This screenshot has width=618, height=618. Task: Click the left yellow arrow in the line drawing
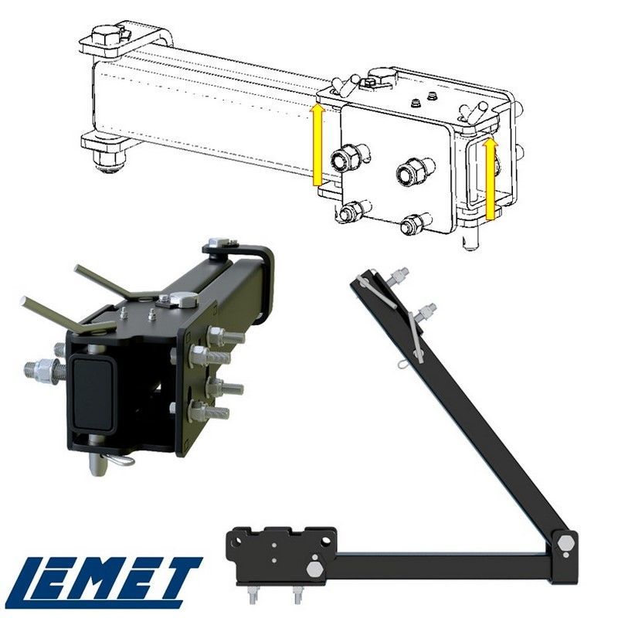(318, 144)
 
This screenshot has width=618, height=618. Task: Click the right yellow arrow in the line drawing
(490, 178)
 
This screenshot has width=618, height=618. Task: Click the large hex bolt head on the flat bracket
(314, 569)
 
